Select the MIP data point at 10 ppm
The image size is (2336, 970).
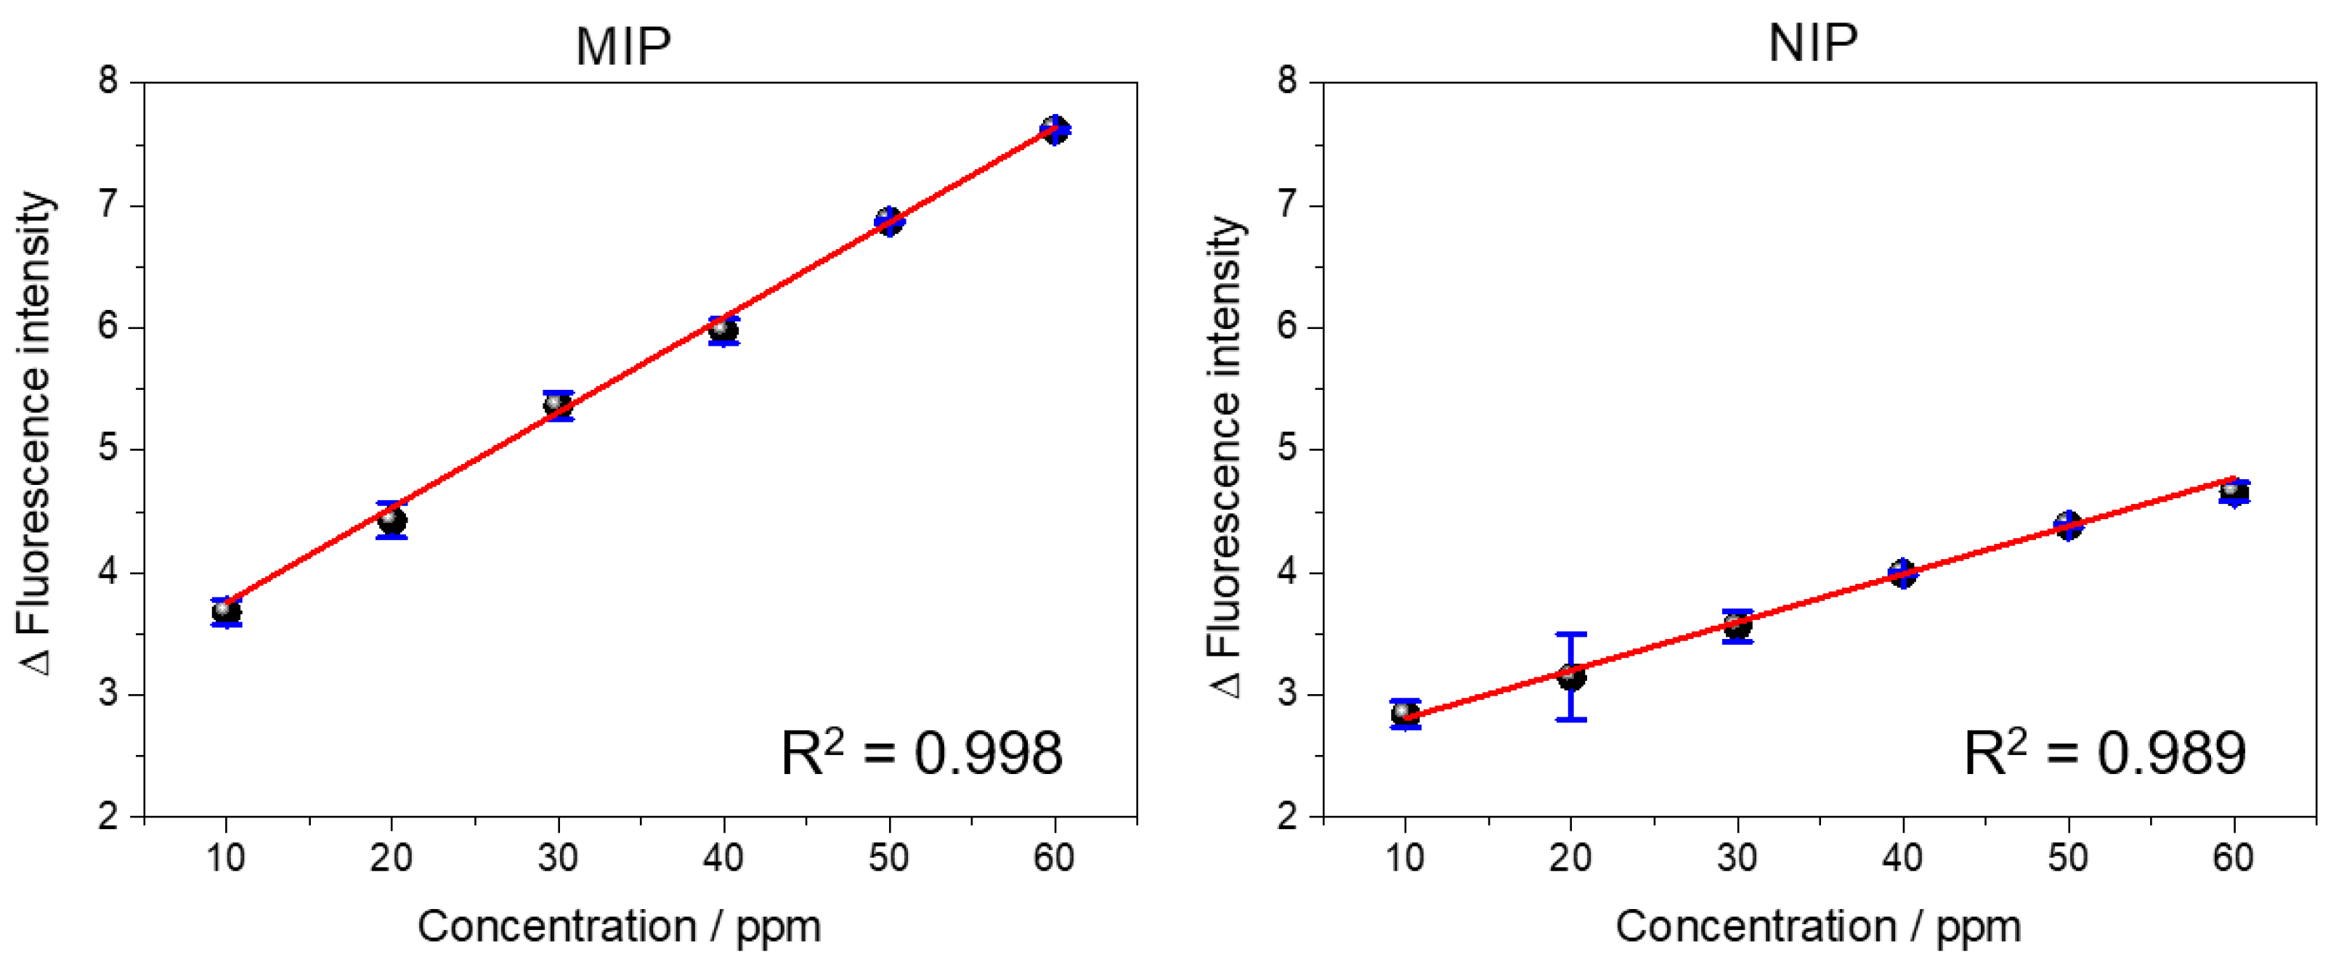coord(226,612)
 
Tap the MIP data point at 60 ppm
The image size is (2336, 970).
coord(1054,130)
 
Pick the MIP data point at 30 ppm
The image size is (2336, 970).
coord(558,405)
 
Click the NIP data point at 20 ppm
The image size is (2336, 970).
coord(1570,676)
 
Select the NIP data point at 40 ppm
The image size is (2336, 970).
coord(1902,573)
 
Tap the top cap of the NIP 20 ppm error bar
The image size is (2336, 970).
coord(1570,635)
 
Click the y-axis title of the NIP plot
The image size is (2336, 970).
coord(1226,456)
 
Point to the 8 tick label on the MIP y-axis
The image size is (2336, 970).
coord(109,81)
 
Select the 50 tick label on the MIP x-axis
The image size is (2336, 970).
coord(888,857)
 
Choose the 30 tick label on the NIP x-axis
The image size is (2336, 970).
coord(1737,857)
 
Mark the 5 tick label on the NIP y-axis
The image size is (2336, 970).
coord(1287,449)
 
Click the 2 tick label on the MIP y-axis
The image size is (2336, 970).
coord(109,817)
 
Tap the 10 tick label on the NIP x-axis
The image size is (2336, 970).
coord(1405,857)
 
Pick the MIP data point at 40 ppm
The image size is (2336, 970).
coord(723,330)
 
